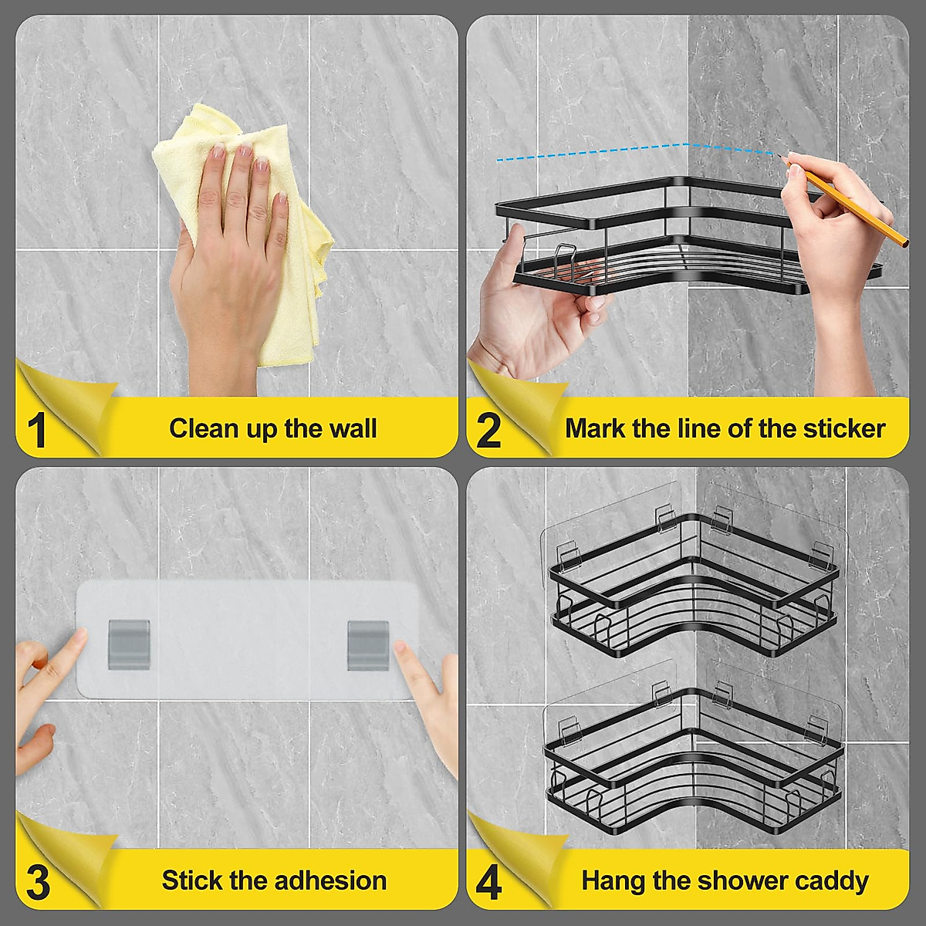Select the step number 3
click(x=39, y=881)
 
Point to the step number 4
click(x=489, y=881)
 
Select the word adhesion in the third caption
click(x=330, y=880)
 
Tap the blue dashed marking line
click(x=637, y=151)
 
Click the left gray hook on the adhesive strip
click(x=129, y=644)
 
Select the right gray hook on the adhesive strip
click(x=368, y=645)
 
